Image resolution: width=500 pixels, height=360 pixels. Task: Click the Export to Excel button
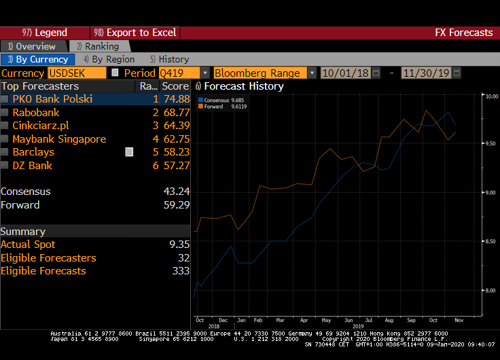point(135,33)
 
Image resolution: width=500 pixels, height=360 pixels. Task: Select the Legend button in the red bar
point(45,33)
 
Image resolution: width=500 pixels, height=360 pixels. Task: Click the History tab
point(169,59)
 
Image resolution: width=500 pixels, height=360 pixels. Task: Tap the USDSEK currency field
point(77,73)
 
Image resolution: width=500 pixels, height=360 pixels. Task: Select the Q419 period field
point(179,73)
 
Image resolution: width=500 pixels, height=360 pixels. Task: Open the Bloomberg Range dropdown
point(312,73)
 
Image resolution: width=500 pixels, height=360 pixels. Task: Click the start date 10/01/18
point(345,73)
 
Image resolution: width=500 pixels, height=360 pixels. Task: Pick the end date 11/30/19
point(427,73)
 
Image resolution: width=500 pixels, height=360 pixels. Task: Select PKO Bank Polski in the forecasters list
point(52,99)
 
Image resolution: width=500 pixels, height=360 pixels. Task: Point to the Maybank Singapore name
point(59,139)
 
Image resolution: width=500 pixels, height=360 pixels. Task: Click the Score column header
point(175,86)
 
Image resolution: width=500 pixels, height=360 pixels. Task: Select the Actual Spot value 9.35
point(179,245)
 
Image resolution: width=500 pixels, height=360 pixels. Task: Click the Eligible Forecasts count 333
point(180,271)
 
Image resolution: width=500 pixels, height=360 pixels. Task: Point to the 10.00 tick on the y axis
point(490,96)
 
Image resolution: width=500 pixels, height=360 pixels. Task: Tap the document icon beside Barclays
point(129,152)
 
